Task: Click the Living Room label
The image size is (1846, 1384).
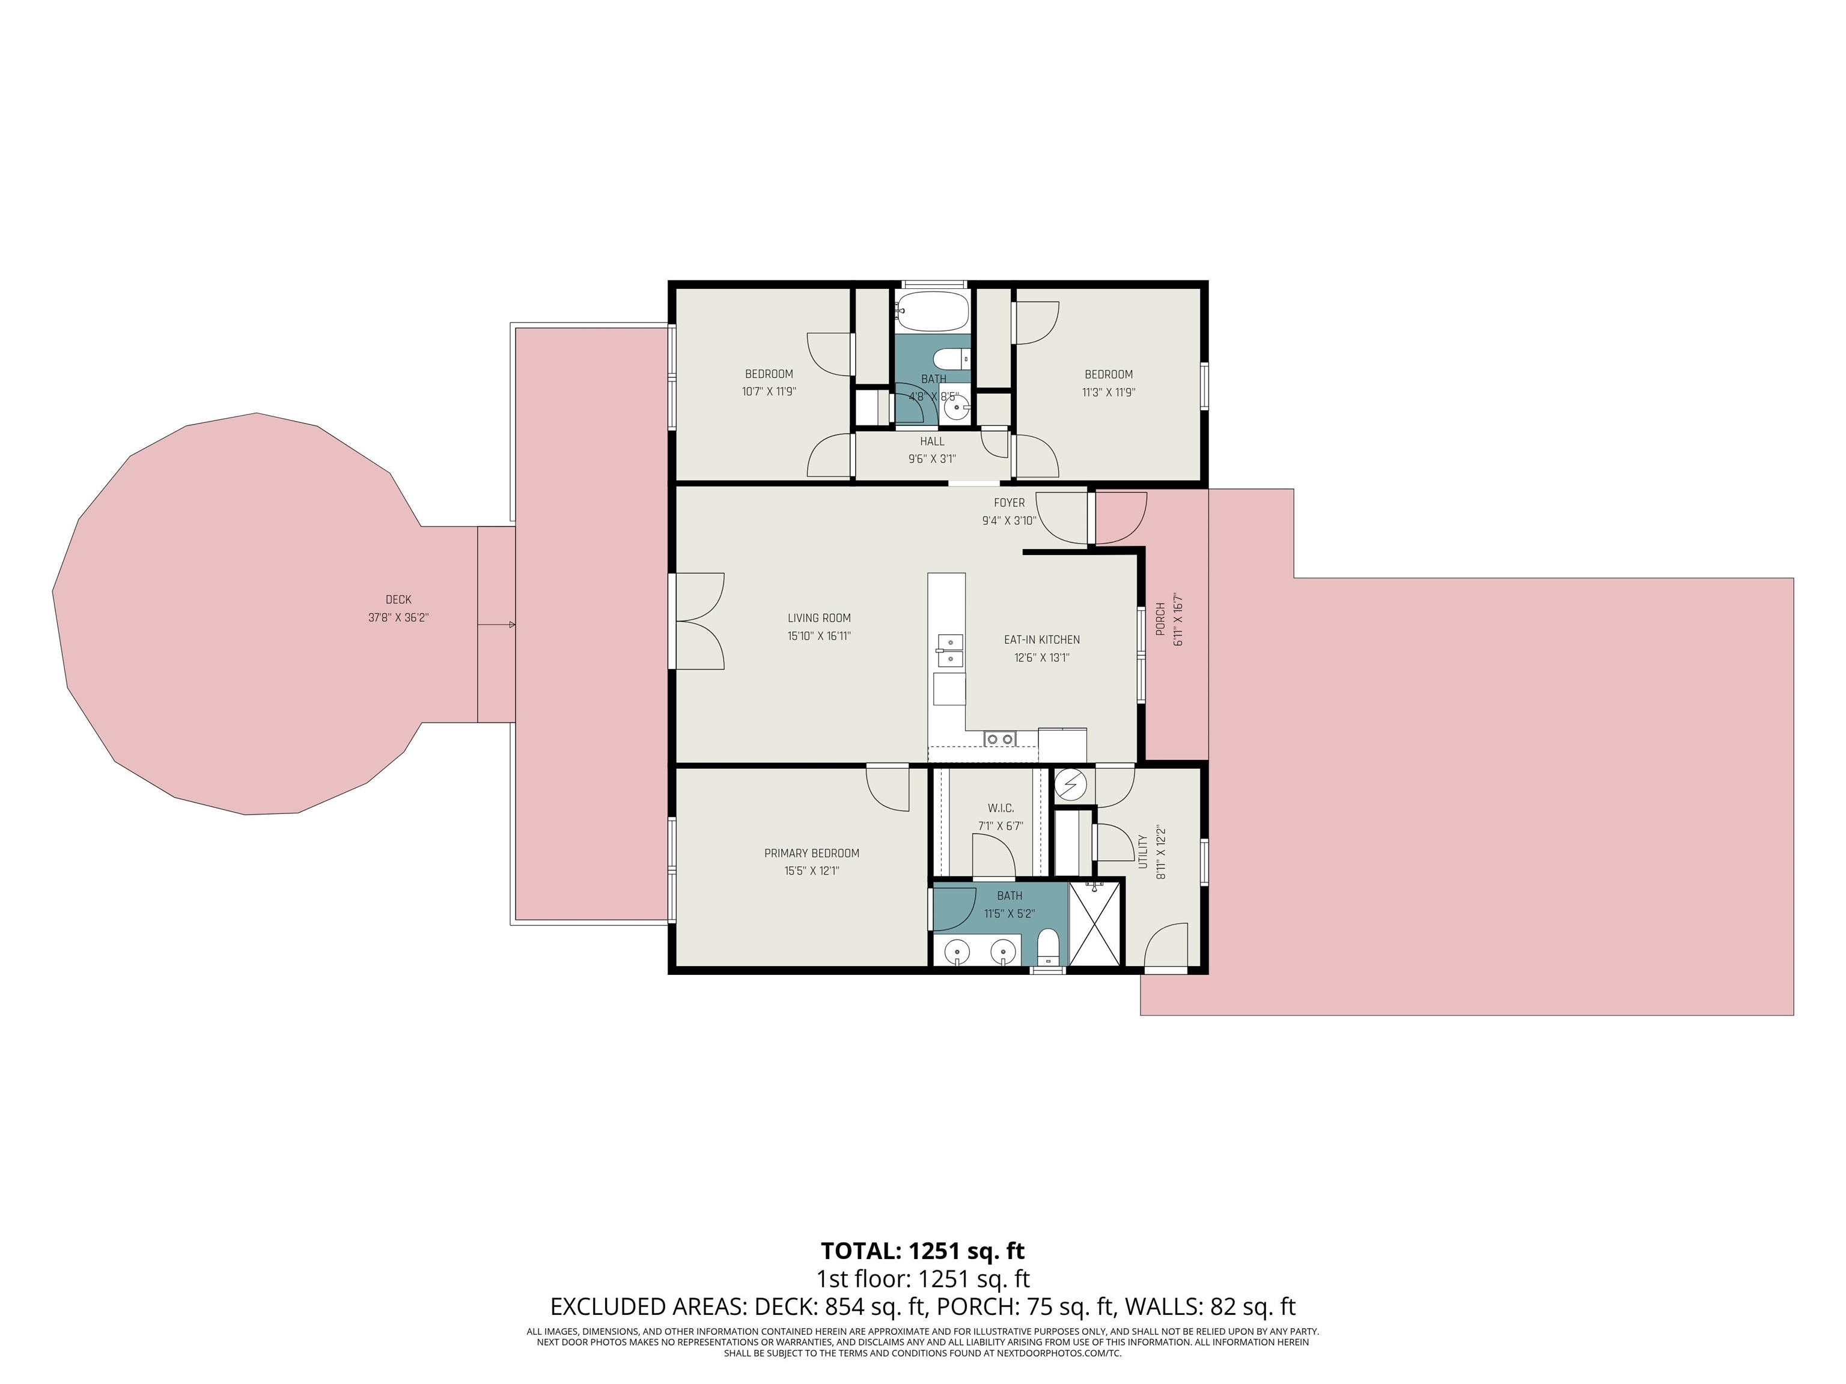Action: pyautogui.click(x=818, y=618)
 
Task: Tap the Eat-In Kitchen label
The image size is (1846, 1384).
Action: pyautogui.click(x=1041, y=640)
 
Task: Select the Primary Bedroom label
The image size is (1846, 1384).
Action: pyautogui.click(x=811, y=854)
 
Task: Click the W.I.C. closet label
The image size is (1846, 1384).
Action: pyautogui.click(x=1001, y=809)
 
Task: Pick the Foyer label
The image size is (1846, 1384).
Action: pyautogui.click(x=1009, y=503)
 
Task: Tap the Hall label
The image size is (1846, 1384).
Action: pyautogui.click(x=932, y=442)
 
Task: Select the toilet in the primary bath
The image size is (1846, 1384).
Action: pyautogui.click(x=1047, y=948)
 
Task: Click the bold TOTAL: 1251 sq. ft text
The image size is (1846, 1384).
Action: pyautogui.click(x=922, y=1251)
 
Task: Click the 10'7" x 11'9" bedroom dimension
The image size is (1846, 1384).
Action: pyautogui.click(x=769, y=393)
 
